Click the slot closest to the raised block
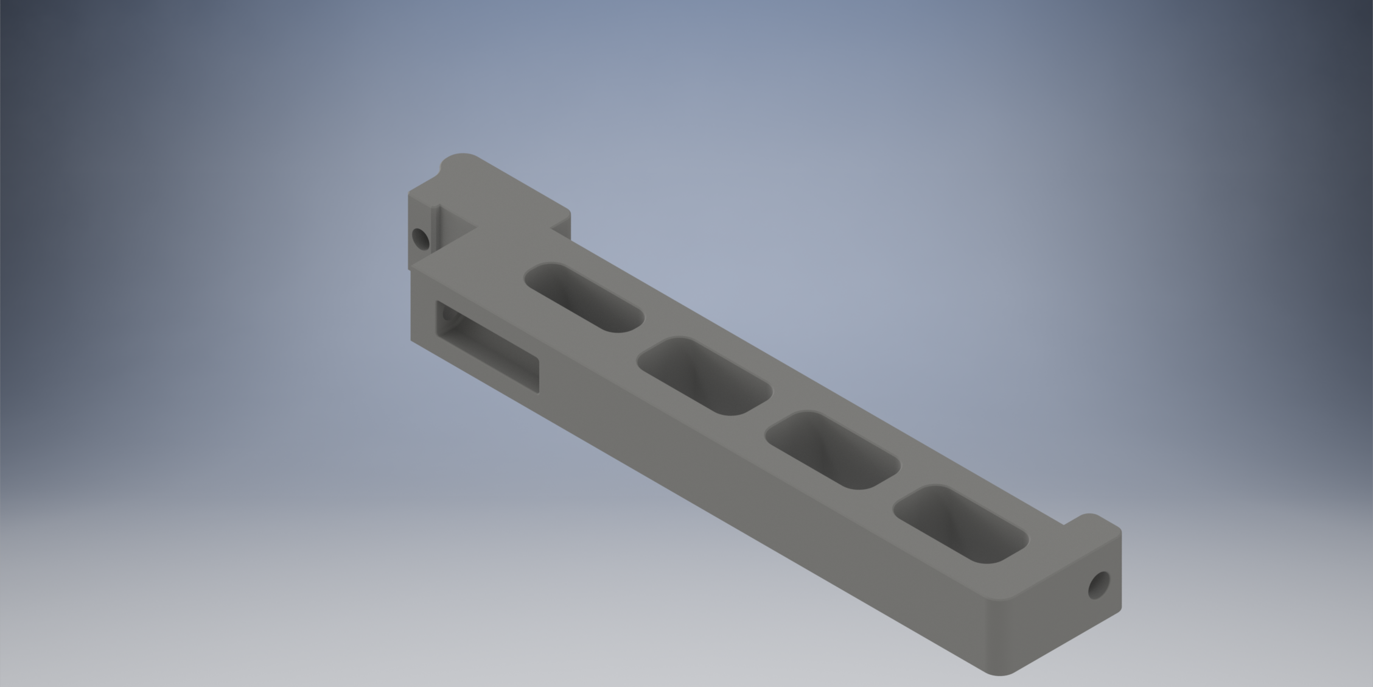click(584, 297)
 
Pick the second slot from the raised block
click(705, 376)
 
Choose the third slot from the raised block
click(833, 449)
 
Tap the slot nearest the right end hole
click(962, 524)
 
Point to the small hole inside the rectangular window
click(449, 316)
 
